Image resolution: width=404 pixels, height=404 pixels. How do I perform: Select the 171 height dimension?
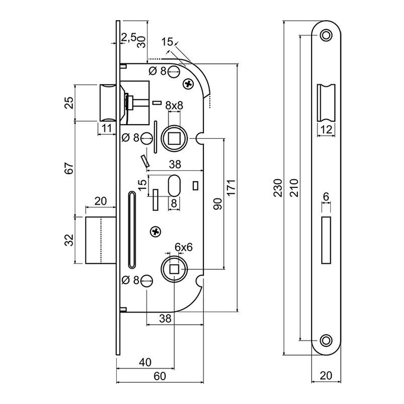231,188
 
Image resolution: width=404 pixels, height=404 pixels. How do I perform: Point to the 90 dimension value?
218,204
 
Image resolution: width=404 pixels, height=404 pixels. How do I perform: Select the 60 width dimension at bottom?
160,376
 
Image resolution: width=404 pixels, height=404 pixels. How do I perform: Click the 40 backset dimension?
145,362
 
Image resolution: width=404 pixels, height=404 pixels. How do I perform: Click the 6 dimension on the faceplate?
326,196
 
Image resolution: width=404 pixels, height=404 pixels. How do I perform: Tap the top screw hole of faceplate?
326,35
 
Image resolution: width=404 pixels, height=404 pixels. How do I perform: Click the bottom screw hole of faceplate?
326,340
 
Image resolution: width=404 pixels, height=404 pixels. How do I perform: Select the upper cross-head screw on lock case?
189,83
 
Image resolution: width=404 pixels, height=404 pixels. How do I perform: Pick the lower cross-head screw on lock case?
155,231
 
